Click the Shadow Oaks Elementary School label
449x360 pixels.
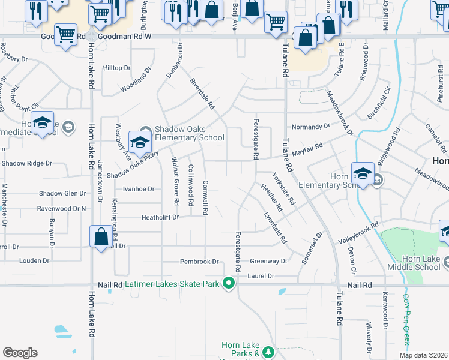[x=189, y=133]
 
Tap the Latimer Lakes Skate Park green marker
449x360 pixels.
[x=228, y=283]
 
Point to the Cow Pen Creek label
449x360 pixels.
[x=406, y=320]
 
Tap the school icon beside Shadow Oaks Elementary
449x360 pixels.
[x=139, y=141]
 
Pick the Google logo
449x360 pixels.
[x=20, y=353]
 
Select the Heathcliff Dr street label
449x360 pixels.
[x=160, y=217]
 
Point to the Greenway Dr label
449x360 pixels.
[x=268, y=262]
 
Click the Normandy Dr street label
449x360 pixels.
[x=310, y=127]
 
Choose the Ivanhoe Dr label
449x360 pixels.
[x=139, y=188]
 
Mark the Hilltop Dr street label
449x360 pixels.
[x=116, y=68]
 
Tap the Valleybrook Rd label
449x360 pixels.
[x=358, y=232]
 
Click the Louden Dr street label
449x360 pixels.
[x=34, y=261]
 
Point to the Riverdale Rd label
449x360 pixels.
[x=202, y=94]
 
